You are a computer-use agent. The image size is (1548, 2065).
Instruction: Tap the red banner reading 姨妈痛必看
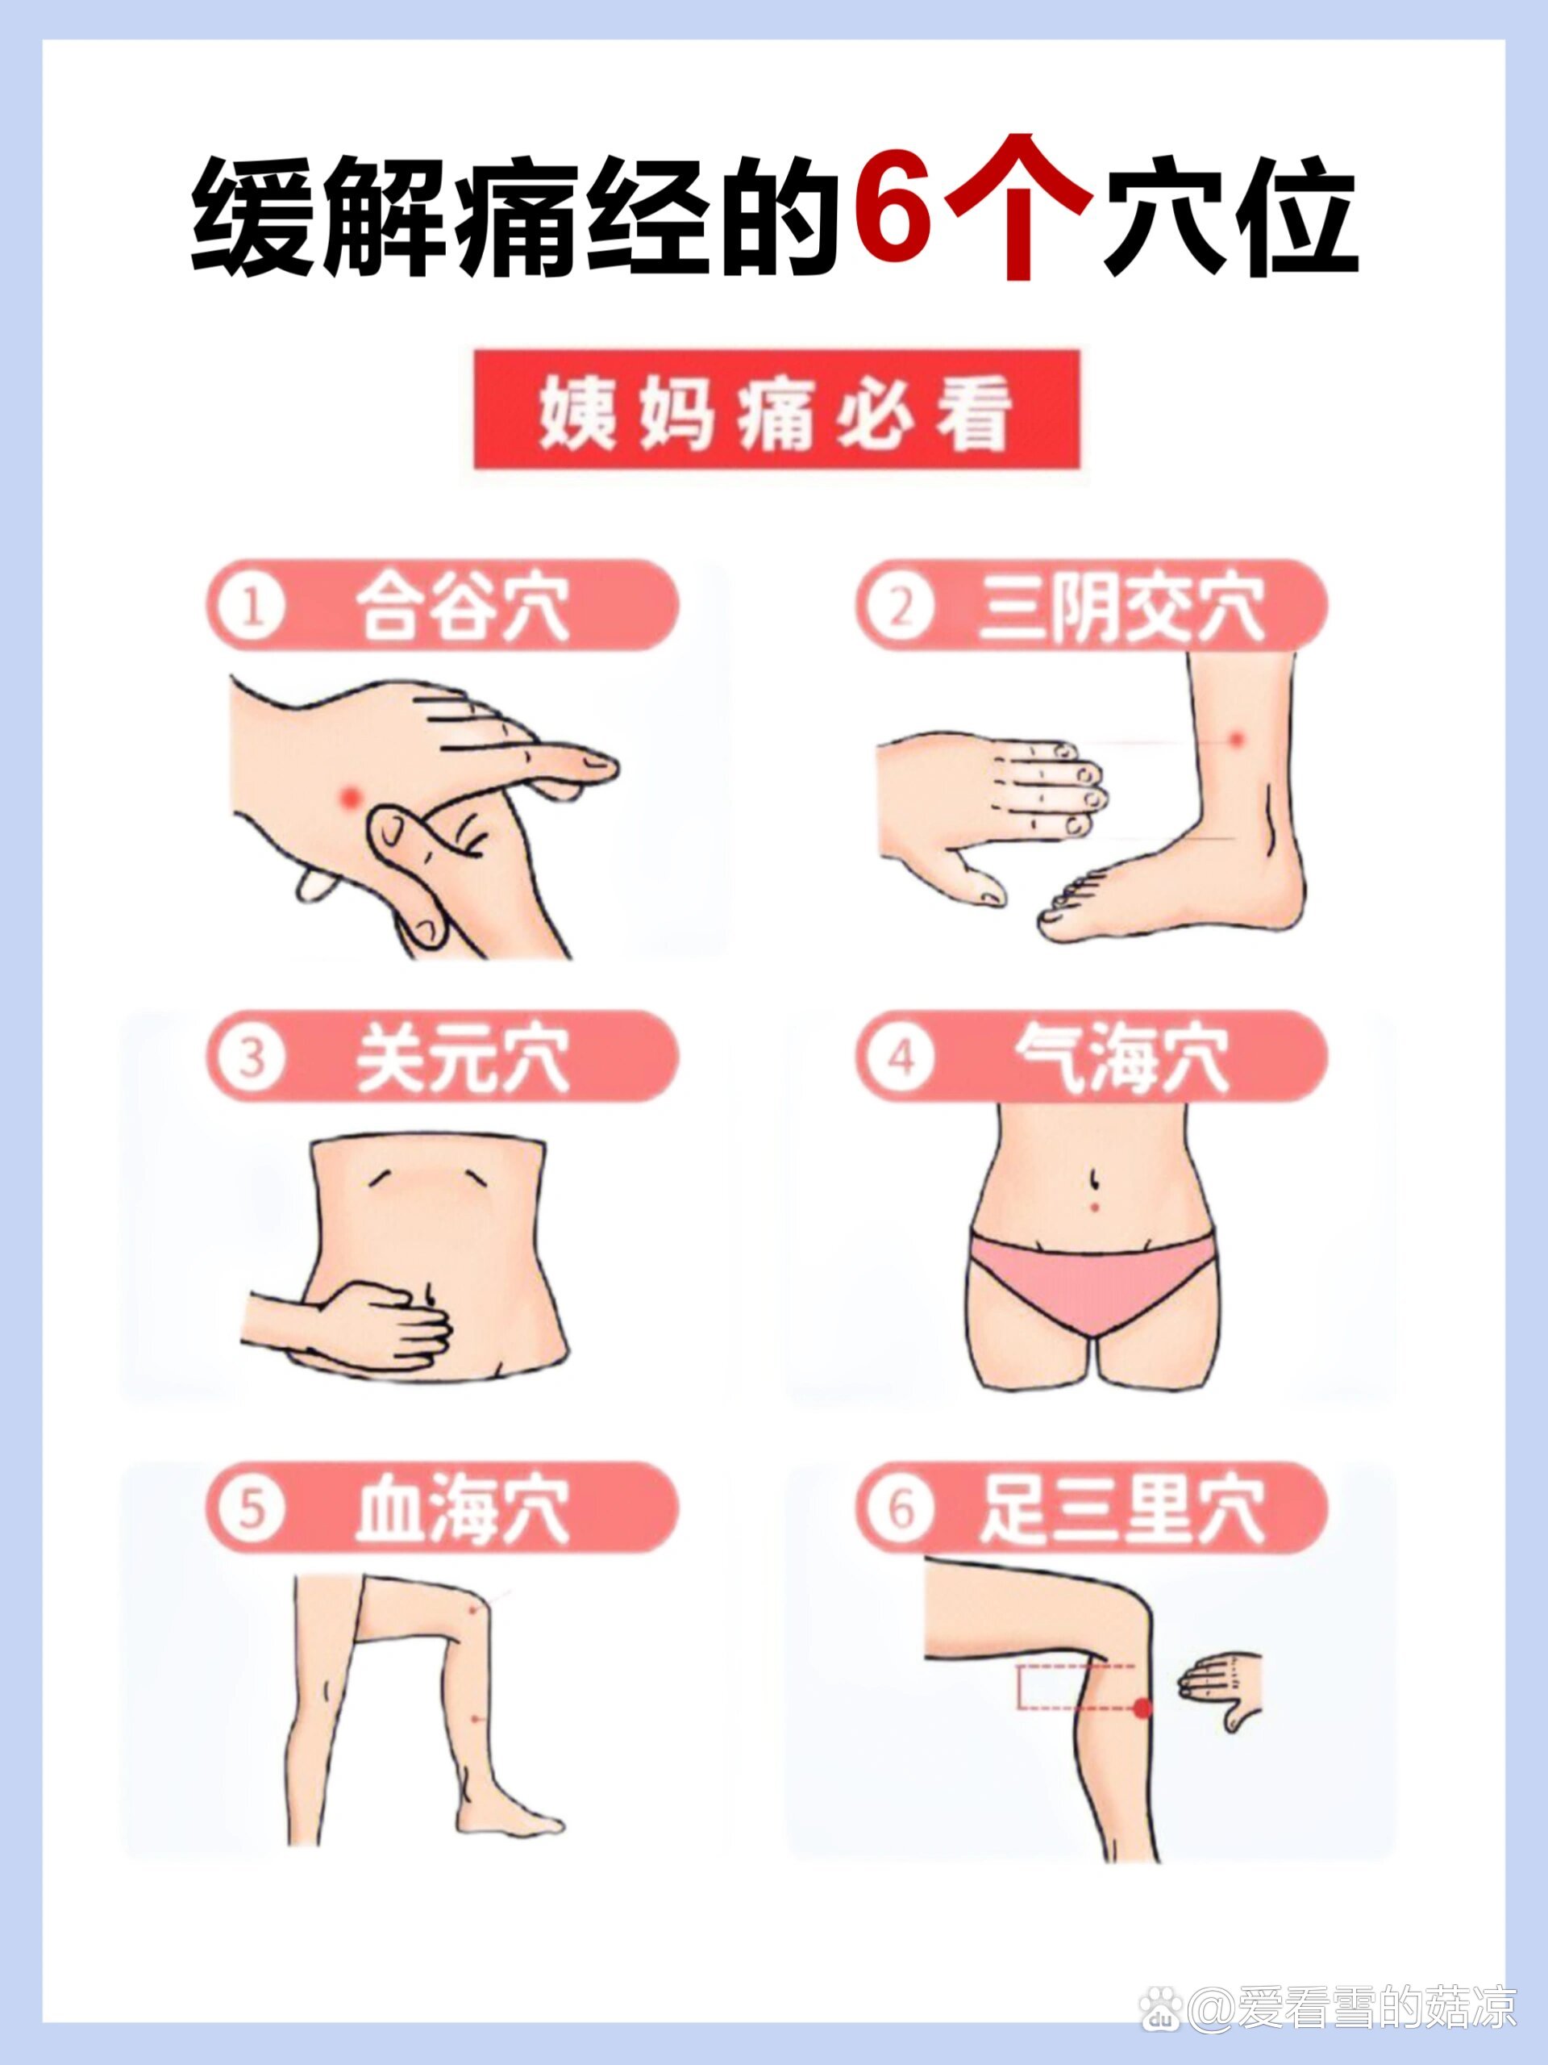point(776,409)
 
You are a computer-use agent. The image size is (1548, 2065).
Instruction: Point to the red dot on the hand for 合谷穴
point(351,795)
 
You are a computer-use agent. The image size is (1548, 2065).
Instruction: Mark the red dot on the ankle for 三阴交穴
point(1238,740)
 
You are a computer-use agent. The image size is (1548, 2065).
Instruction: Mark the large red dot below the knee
point(1142,1708)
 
